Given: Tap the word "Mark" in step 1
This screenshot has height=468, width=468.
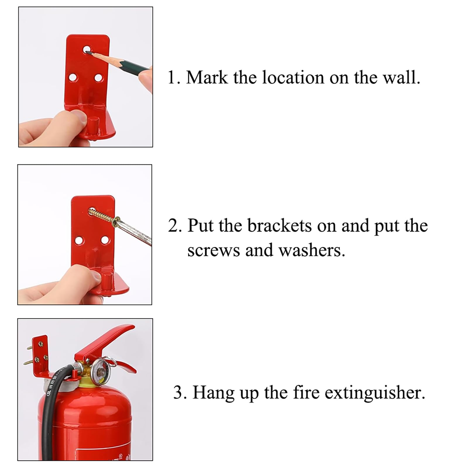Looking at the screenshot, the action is tap(207, 78).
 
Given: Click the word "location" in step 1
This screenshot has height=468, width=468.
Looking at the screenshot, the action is tap(293, 78).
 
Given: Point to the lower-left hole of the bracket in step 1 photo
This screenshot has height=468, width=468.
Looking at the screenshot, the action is tap(73, 78).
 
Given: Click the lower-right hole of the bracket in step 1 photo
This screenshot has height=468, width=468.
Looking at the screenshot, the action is tap(99, 78).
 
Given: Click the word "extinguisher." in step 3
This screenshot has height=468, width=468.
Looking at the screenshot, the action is tap(375, 393).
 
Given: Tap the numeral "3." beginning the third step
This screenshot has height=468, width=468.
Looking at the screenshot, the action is tap(180, 393).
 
